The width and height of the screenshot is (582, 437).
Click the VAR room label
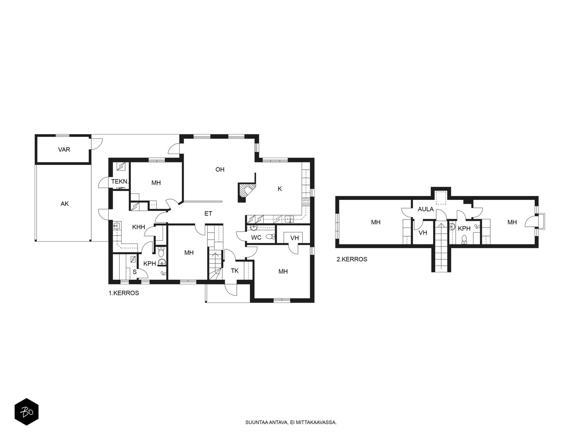(x=64, y=150)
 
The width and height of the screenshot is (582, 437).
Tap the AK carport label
(x=65, y=204)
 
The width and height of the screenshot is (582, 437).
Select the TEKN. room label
(x=120, y=182)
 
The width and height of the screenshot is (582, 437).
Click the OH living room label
(x=220, y=169)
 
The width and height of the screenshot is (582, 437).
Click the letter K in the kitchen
(x=279, y=189)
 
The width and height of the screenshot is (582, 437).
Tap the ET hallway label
(x=208, y=213)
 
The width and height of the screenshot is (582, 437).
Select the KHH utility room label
(x=139, y=227)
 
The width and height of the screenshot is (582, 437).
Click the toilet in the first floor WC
(x=271, y=237)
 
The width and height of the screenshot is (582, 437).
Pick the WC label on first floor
(x=256, y=237)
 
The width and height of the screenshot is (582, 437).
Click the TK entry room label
(x=235, y=271)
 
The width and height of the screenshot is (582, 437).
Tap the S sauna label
(x=135, y=272)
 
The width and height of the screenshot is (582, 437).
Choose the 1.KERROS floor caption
(x=124, y=293)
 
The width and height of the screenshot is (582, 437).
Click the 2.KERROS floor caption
(x=352, y=259)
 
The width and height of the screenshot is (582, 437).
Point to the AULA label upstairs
(x=426, y=209)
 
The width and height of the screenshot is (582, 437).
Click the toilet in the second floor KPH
(x=464, y=239)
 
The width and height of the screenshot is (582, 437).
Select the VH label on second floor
(x=423, y=233)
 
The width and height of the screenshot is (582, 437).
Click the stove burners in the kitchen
(x=306, y=202)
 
